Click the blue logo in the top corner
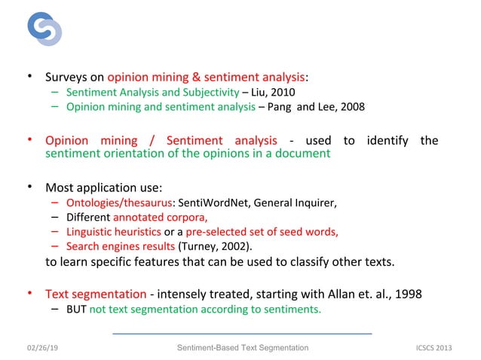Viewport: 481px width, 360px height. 44,29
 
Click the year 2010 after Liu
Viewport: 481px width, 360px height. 272,93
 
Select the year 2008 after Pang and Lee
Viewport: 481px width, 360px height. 352,107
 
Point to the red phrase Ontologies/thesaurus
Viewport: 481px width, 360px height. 119,203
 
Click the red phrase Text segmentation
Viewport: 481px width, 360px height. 96,294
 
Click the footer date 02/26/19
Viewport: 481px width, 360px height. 46,347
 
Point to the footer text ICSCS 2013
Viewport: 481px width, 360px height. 437,347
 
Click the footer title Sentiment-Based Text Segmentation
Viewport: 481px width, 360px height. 242,347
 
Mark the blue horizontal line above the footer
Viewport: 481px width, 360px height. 242,333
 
